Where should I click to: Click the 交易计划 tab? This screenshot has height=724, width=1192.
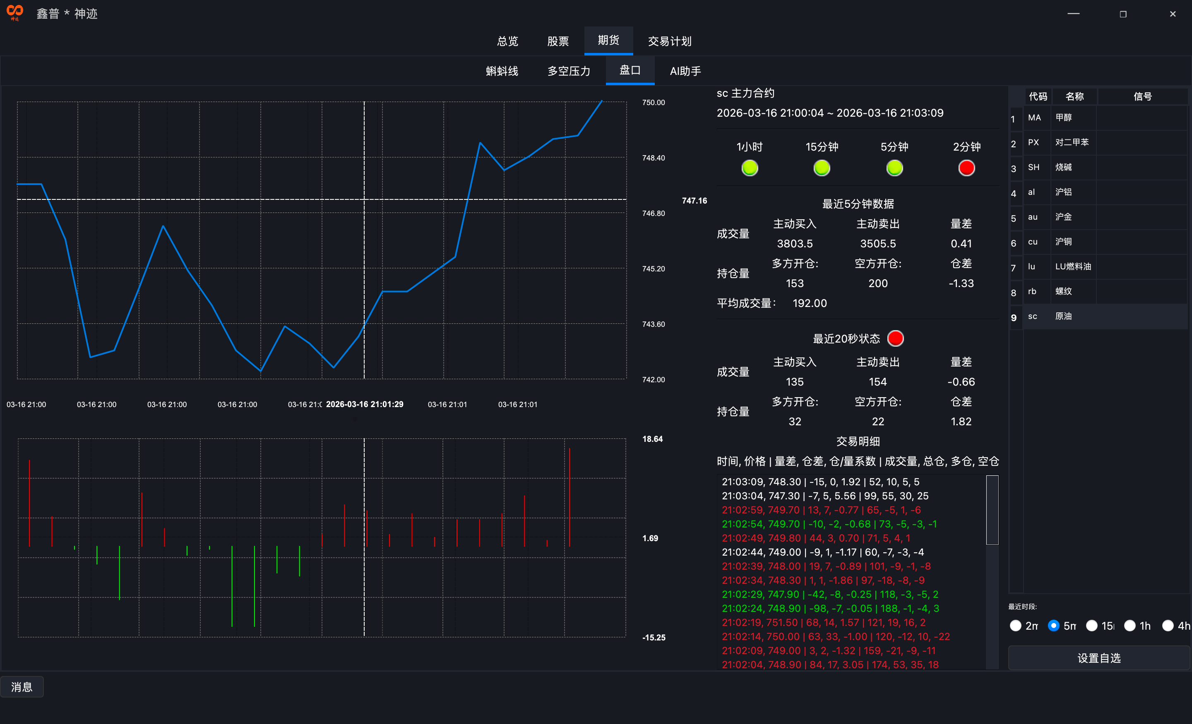coord(670,41)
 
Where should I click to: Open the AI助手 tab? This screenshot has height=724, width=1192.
coord(685,71)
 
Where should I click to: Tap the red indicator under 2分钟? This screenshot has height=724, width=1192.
coord(966,168)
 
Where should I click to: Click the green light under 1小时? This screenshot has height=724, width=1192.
coord(750,168)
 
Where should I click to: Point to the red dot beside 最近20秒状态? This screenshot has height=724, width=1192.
coord(895,338)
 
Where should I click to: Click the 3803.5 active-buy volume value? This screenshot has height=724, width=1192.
coord(794,244)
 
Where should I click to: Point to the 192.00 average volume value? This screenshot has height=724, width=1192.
coord(809,303)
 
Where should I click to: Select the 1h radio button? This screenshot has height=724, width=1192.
coord(1130,626)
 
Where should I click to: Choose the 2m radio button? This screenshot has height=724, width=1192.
coord(1015,626)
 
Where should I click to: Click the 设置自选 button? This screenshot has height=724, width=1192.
coord(1098,658)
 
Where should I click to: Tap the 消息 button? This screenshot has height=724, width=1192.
coord(22,687)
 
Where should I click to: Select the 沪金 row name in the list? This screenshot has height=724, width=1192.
coord(1063,217)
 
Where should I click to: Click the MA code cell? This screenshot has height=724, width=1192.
coord(1034,117)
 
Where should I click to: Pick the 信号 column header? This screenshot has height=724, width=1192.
coord(1142,97)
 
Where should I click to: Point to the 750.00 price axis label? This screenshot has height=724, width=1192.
coord(653,103)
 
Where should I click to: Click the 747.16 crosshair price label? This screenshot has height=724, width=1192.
coord(694,201)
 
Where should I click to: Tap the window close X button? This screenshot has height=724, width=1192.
coord(1172,14)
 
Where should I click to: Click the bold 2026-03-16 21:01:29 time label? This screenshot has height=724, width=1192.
coord(364,404)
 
